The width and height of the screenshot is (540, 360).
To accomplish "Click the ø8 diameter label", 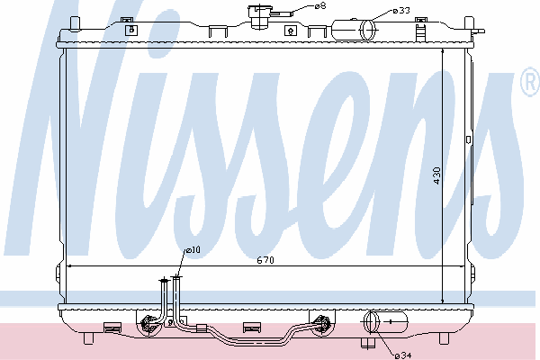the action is pos(320,6).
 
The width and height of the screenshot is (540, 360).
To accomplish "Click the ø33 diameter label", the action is pos(401,11).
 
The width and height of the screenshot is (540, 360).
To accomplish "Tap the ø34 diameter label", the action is pos(403,355).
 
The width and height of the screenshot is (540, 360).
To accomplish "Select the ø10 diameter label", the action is pos(193,250).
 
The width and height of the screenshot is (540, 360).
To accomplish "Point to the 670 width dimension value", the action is pos(265,260).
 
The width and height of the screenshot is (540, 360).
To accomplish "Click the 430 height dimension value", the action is pos(436,175).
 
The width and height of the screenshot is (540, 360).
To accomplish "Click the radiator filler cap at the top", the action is pos(259,16).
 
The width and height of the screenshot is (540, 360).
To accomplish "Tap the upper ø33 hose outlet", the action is pos(354,30).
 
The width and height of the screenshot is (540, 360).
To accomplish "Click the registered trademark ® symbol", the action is pos(531,81).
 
